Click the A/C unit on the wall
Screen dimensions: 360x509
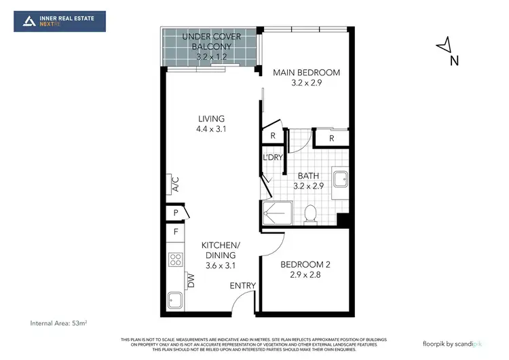174,183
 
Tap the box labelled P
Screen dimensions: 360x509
176,213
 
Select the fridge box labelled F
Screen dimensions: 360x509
176,232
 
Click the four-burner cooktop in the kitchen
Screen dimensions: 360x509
176,259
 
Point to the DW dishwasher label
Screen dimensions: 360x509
191,280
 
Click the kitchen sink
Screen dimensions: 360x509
176,300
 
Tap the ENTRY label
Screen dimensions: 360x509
242,285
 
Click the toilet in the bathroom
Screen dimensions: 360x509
311,213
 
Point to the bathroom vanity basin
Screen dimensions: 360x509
341,179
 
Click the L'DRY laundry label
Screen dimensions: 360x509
272,158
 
